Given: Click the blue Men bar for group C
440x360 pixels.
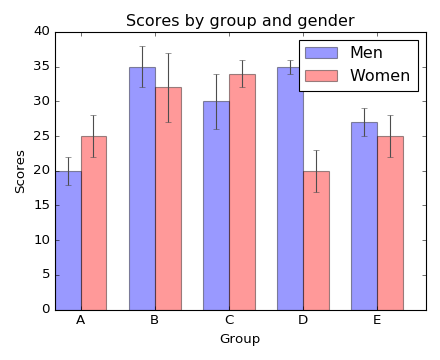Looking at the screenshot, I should click(216, 205).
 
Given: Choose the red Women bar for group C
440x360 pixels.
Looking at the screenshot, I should click(242, 191).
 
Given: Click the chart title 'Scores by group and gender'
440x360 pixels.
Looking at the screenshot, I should click(240, 21).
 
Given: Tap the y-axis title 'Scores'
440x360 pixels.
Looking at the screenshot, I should click(21, 171).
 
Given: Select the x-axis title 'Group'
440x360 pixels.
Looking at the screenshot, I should click(240, 339).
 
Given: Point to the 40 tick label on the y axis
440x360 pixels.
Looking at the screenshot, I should click(41, 31).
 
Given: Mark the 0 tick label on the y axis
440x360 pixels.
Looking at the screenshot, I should click(45, 309).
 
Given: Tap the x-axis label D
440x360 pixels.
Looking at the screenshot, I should click(303, 320).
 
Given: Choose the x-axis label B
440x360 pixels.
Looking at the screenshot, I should click(155, 320).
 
